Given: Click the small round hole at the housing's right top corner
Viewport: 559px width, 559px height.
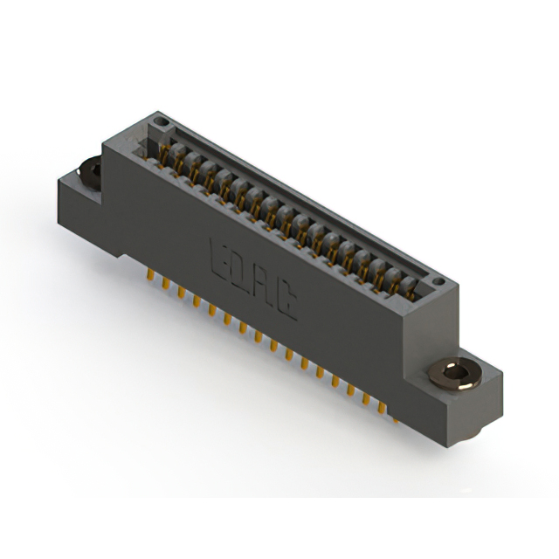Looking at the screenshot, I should click(x=439, y=281).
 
